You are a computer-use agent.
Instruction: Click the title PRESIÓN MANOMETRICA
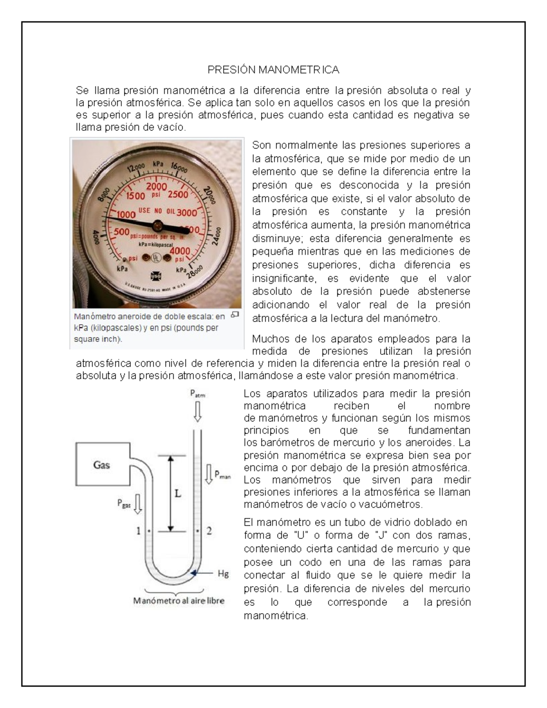[x=273, y=70]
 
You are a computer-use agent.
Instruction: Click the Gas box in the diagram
[x=102, y=465]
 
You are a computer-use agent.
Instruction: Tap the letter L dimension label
[x=178, y=493]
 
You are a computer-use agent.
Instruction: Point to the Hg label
[x=223, y=574]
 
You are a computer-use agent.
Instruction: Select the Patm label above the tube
[x=197, y=394]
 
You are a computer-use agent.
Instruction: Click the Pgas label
[x=124, y=503]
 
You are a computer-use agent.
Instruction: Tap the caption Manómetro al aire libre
[x=179, y=600]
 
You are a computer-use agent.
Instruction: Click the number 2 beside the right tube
[x=209, y=531]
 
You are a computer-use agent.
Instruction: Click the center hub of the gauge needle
[x=158, y=224]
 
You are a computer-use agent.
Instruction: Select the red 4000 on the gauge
[x=180, y=251]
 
